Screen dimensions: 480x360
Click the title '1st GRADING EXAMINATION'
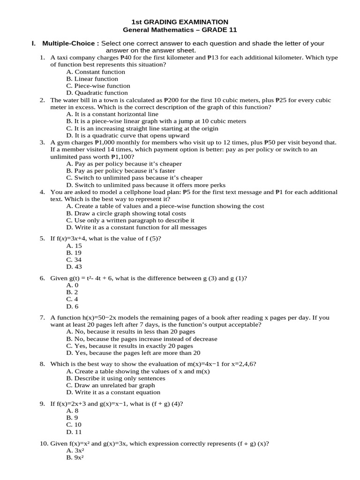click(x=180, y=22)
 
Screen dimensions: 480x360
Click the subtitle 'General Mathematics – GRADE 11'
click(x=180, y=30)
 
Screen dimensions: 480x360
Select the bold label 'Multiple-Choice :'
click(x=71, y=44)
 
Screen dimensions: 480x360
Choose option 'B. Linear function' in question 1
click(x=92, y=79)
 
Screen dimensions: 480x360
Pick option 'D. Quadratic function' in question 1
click(x=97, y=93)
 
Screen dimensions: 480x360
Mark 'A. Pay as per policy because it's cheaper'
click(x=124, y=164)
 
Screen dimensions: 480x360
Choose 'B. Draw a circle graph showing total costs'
click(x=127, y=213)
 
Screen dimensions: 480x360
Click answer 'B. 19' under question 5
click(x=74, y=253)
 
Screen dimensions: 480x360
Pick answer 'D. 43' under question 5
click(x=74, y=267)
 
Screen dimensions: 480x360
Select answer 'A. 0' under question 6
click(x=73, y=285)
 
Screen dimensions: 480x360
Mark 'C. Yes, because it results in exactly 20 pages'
click(x=130, y=346)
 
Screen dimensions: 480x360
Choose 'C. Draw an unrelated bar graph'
click(x=111, y=385)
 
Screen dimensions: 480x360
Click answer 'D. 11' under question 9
click(x=74, y=432)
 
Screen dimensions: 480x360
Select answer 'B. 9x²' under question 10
click(x=75, y=457)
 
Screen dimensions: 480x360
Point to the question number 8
click(x=42, y=364)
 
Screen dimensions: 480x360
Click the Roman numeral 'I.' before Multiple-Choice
click(x=34, y=44)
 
